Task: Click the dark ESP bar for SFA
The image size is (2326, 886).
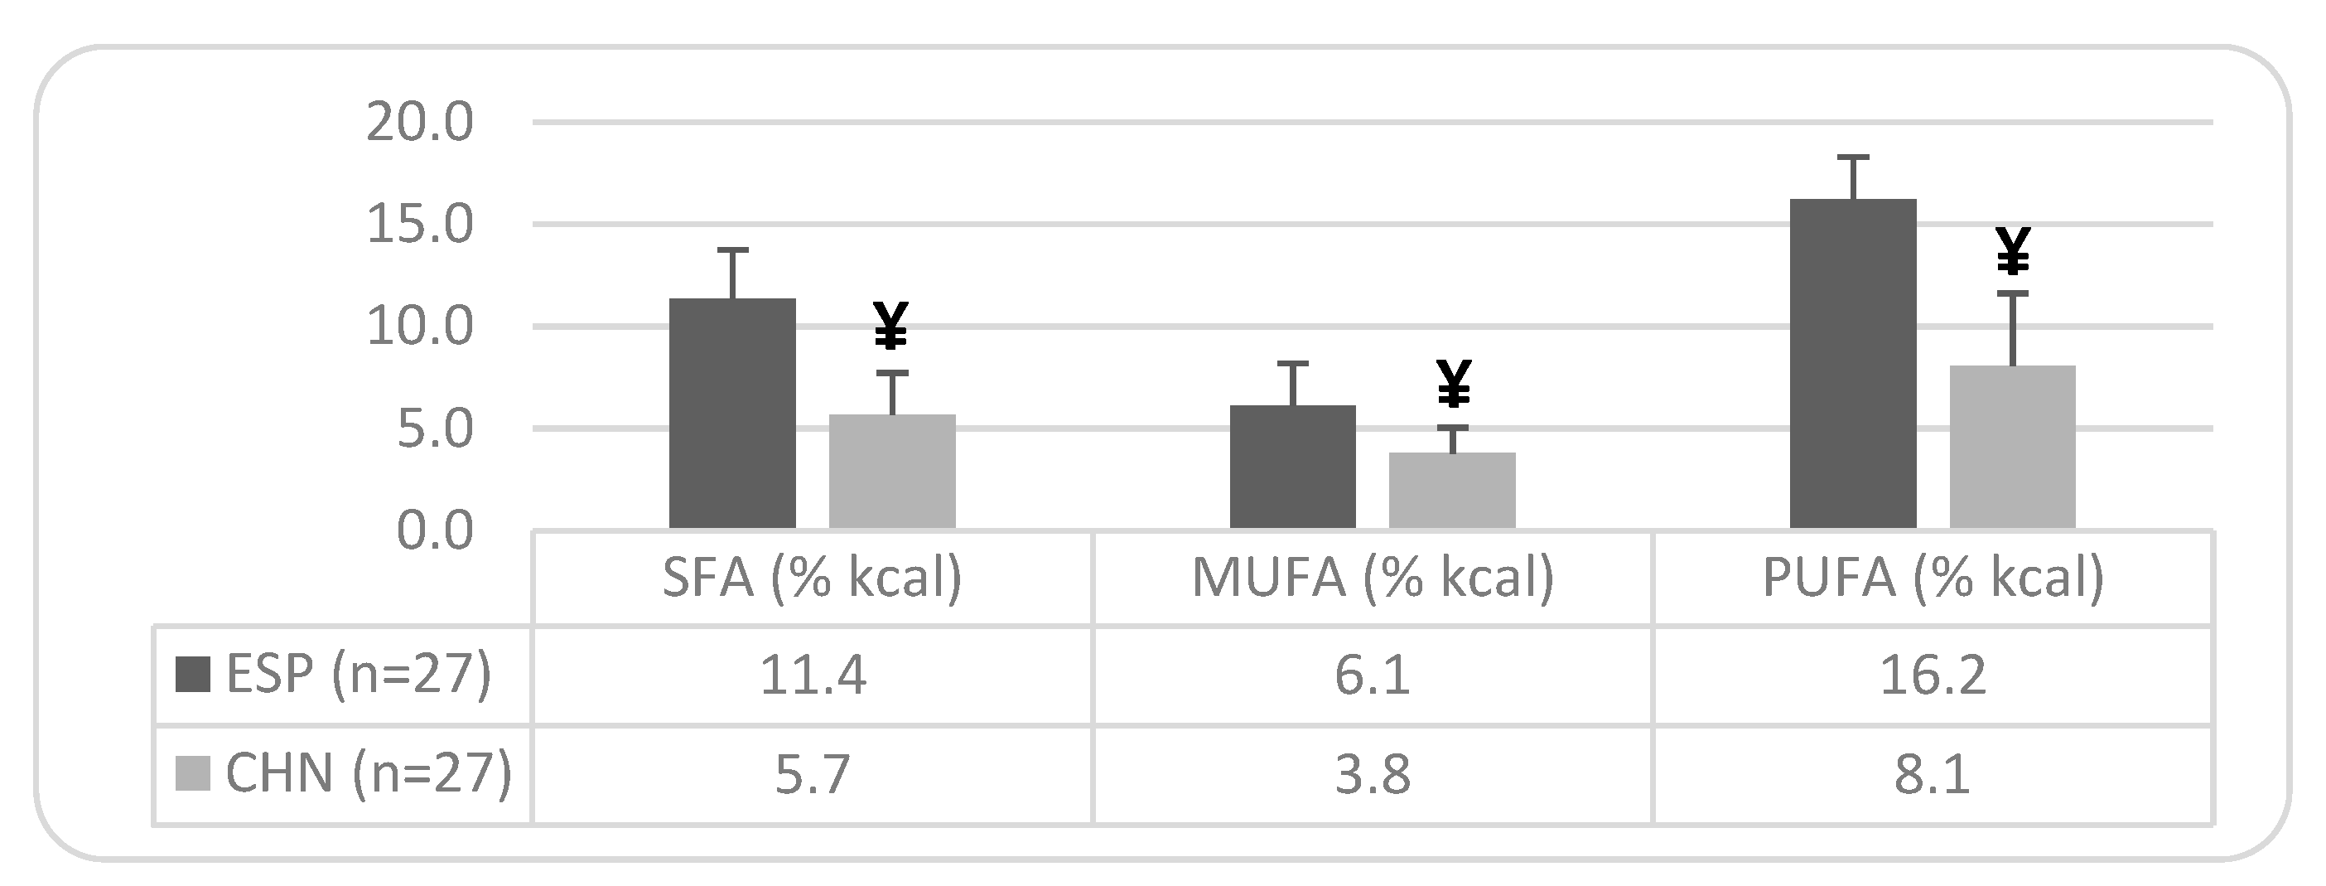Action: click(x=732, y=414)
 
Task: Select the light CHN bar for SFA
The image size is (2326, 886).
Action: click(x=892, y=472)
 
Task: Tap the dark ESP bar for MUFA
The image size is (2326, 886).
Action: click(x=1292, y=467)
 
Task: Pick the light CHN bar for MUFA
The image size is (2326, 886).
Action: click(x=1452, y=491)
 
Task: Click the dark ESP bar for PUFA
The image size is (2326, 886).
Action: click(x=1853, y=364)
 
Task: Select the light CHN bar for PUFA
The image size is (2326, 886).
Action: click(x=2013, y=447)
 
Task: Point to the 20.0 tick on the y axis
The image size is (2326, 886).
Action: click(x=419, y=123)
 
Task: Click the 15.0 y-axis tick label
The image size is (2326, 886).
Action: click(x=419, y=225)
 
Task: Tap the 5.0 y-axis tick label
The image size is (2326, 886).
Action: click(x=433, y=430)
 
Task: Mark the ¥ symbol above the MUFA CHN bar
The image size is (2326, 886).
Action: click(x=1453, y=384)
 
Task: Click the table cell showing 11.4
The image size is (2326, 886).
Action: click(x=813, y=675)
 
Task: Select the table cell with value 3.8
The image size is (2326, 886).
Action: click(x=1373, y=775)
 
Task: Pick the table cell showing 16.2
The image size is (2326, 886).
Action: click(x=1933, y=675)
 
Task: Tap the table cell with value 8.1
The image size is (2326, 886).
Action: click(x=1933, y=775)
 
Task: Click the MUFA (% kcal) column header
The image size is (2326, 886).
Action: click(x=1373, y=577)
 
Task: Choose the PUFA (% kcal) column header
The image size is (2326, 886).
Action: click(x=1933, y=577)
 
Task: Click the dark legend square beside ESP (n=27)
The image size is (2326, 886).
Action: click(x=193, y=674)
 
